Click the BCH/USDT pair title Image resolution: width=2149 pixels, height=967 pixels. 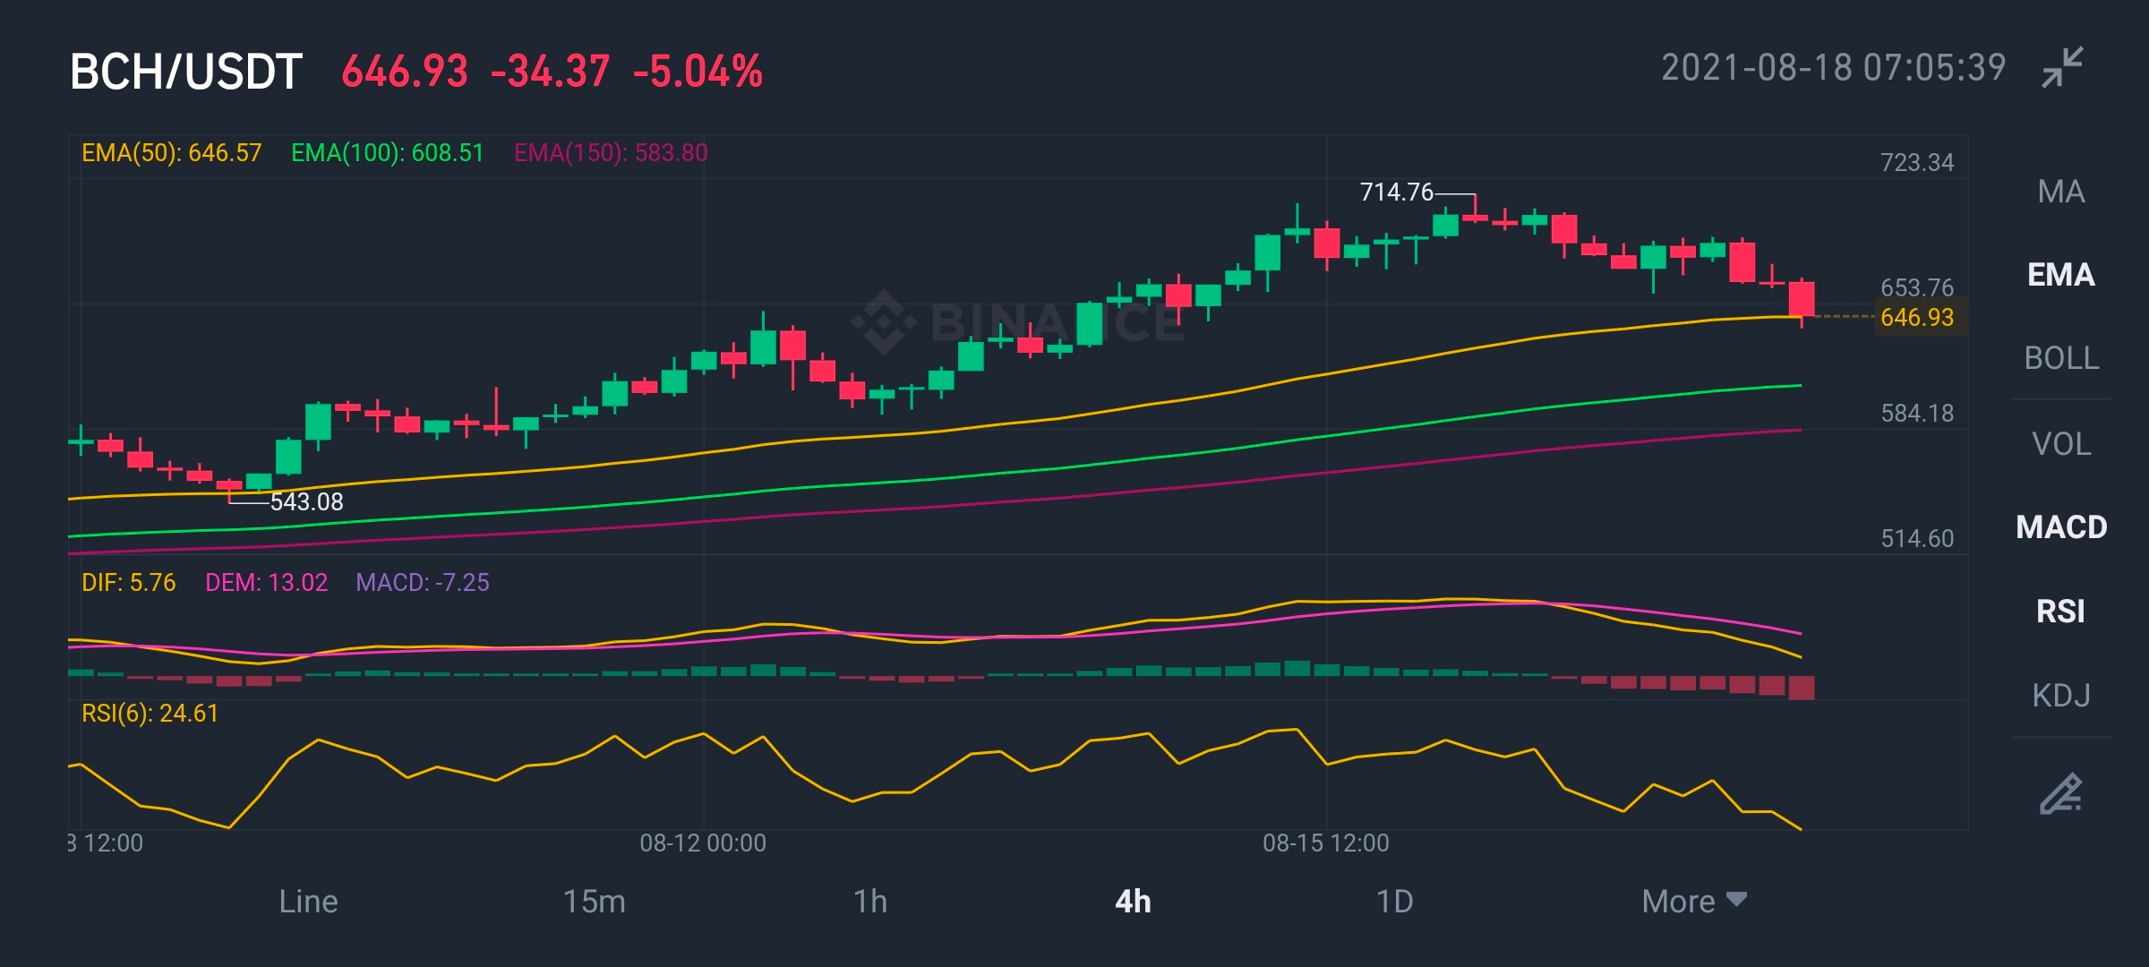coord(186,72)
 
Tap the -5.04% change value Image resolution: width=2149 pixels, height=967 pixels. coord(698,72)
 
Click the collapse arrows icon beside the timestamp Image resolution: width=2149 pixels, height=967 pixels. coord(2062,67)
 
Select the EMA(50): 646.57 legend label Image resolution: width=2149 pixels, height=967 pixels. coord(171,153)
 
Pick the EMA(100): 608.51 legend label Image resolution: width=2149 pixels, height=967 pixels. coord(387,153)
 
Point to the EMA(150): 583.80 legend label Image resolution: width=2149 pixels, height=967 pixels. coord(611,153)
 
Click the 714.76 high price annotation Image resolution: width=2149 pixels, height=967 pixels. coord(1396,193)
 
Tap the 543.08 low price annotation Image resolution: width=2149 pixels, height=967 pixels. coord(307,501)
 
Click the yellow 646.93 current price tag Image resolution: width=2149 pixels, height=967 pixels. coord(1917,318)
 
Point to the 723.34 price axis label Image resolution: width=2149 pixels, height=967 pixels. coord(1917,162)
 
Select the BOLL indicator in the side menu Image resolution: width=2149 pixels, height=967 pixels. coord(2061,358)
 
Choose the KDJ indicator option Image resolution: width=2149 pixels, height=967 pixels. coord(2061,695)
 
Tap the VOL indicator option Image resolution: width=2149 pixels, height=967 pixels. coord(2061,444)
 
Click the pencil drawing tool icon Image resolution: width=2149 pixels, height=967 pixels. coord(2061,793)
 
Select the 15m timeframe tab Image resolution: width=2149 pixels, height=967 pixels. coord(594,902)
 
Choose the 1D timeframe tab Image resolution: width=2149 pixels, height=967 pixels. coord(1394,902)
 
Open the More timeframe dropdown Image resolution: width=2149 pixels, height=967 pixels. coord(1694,902)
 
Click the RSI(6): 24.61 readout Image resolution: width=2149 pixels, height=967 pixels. coord(150,714)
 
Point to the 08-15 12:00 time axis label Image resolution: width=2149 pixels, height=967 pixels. coord(1325,843)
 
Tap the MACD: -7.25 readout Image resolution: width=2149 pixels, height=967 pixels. coord(423,583)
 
